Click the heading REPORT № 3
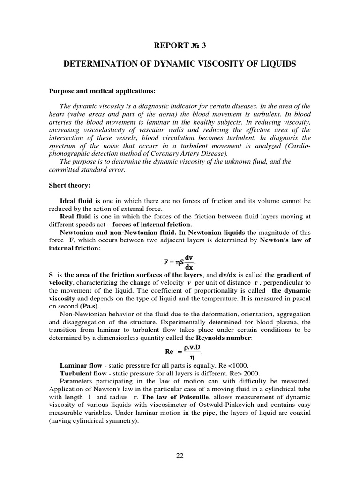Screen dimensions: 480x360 180,45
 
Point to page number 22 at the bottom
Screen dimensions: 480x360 180,454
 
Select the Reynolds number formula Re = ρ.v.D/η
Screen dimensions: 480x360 180,350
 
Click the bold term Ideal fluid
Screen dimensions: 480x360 77,201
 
